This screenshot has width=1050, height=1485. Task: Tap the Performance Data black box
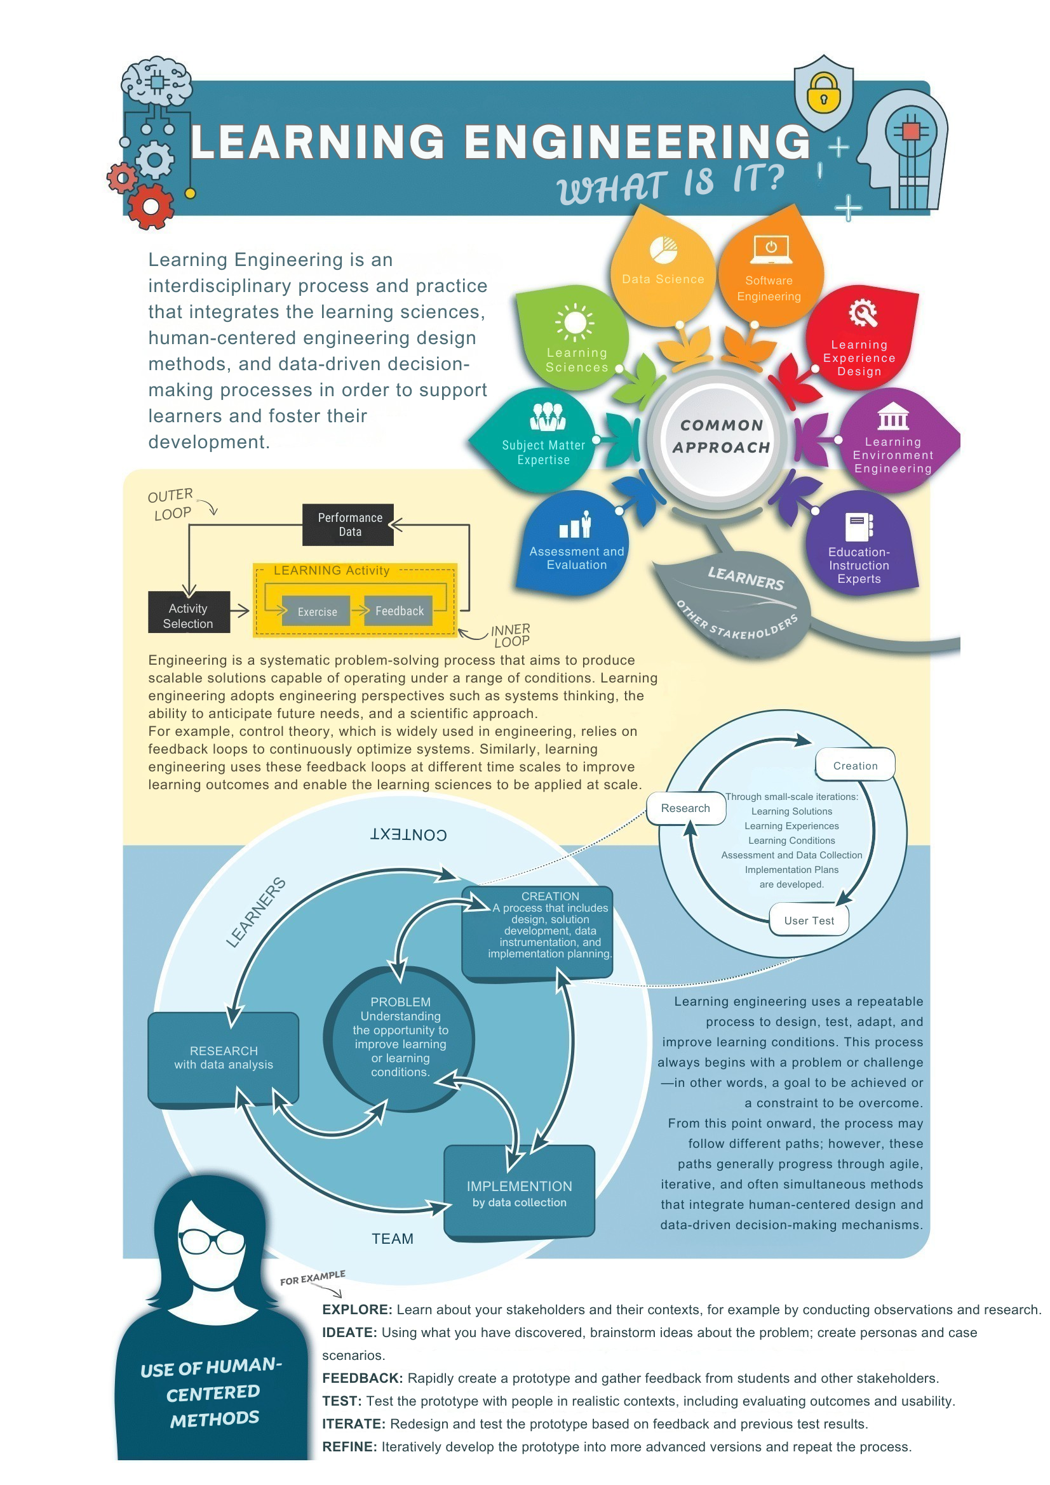click(x=349, y=524)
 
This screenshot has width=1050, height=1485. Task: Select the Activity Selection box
click(x=188, y=615)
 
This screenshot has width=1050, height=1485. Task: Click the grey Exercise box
click(x=317, y=611)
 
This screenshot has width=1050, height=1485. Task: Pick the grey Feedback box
click(x=399, y=611)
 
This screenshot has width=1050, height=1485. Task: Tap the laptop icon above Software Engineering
click(x=771, y=250)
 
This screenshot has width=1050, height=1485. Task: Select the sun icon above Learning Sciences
click(x=574, y=321)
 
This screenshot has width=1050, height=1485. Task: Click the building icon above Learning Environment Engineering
click(x=893, y=416)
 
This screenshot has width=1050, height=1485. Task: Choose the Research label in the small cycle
click(x=685, y=808)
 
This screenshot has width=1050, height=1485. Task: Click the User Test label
click(x=809, y=921)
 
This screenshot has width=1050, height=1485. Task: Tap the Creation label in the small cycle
click(x=855, y=766)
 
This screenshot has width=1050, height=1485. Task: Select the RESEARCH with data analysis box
click(x=223, y=1058)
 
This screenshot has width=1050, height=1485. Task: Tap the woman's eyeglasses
click(x=211, y=1241)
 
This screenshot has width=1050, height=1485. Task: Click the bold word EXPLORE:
click(x=357, y=1310)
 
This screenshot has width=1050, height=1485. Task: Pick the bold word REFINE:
click(x=349, y=1447)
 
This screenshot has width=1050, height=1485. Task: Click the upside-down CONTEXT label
click(x=408, y=834)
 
